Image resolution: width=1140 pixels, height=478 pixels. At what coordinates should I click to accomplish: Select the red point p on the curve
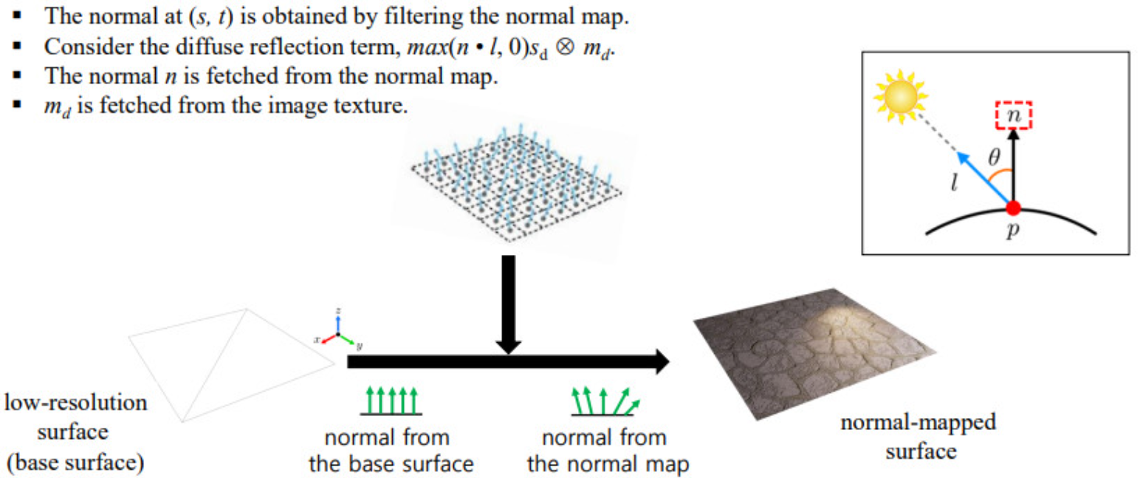click(1014, 209)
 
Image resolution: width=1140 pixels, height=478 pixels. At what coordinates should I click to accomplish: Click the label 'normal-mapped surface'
click(918, 436)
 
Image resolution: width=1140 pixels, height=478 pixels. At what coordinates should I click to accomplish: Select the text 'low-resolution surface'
click(78, 415)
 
